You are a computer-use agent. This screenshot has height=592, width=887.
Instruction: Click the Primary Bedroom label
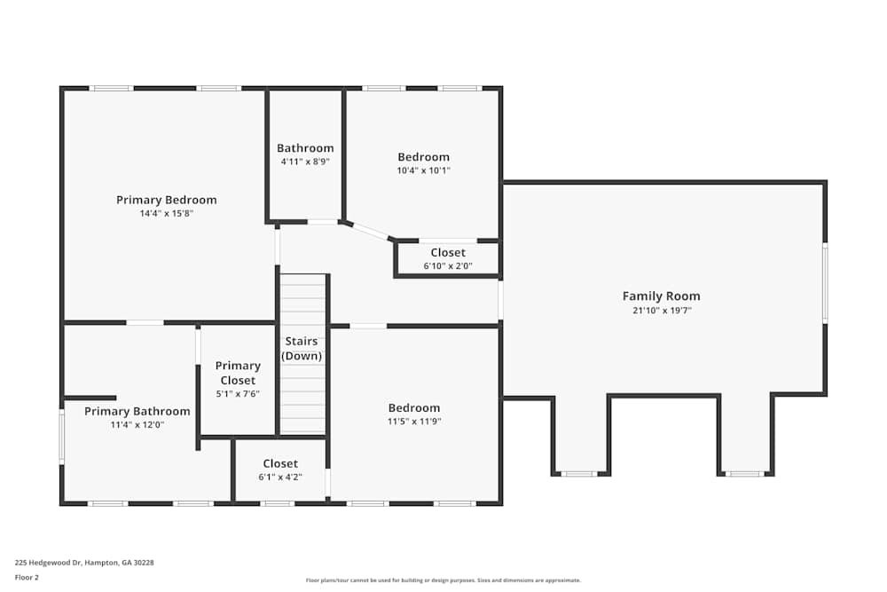pyautogui.click(x=166, y=200)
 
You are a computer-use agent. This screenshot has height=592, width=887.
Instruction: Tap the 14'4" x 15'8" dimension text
pyautogui.click(x=166, y=214)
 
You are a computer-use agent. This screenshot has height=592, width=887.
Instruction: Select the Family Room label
pyautogui.click(x=661, y=296)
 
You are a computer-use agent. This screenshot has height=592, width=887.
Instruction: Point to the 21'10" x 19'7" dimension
pyautogui.click(x=661, y=311)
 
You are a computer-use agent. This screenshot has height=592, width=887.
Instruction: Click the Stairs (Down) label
pyautogui.click(x=302, y=349)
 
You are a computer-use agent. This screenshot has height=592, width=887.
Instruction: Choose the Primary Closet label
pyautogui.click(x=238, y=373)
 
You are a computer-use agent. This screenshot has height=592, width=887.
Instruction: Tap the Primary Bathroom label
pyautogui.click(x=137, y=411)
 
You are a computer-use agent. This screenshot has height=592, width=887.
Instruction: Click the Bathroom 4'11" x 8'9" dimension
pyautogui.click(x=305, y=162)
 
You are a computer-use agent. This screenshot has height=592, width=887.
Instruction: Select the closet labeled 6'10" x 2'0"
pyautogui.click(x=448, y=259)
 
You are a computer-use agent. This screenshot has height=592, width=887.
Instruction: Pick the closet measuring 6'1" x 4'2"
pyautogui.click(x=280, y=470)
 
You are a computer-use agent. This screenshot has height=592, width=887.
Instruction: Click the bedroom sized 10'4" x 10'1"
pyautogui.click(x=423, y=164)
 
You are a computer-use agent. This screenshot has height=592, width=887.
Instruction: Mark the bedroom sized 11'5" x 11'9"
pyautogui.click(x=413, y=415)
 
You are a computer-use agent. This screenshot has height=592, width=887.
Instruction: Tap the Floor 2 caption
pyautogui.click(x=27, y=577)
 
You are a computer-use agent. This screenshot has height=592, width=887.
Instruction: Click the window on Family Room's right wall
pyautogui.click(x=825, y=283)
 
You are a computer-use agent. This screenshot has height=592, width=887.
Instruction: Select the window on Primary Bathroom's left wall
pyautogui.click(x=62, y=435)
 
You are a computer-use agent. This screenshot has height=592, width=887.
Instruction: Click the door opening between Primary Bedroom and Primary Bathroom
pyautogui.click(x=145, y=322)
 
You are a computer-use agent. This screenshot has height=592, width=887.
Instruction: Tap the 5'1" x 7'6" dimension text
pyautogui.click(x=238, y=394)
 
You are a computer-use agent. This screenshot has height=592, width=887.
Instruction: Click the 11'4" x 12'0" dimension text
pyautogui.click(x=137, y=425)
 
